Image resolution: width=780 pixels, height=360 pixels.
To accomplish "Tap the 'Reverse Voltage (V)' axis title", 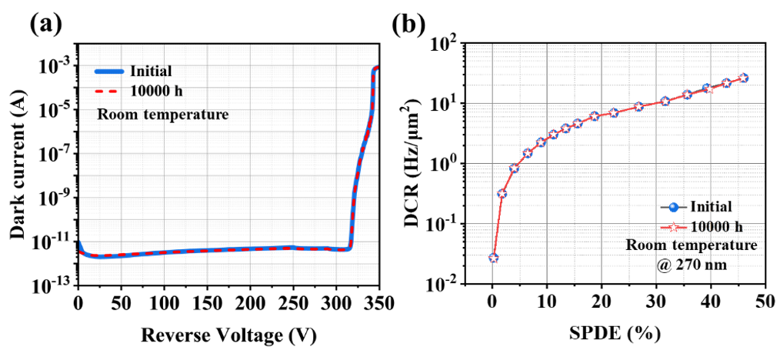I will pyautogui.click(x=228, y=336).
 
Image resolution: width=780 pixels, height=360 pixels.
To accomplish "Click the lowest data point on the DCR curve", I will pyautogui.click(x=493, y=258).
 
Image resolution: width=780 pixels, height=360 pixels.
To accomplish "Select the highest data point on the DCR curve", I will pyautogui.click(x=743, y=78).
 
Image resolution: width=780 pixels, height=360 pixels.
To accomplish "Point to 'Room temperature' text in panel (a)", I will pyautogui.click(x=162, y=115).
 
